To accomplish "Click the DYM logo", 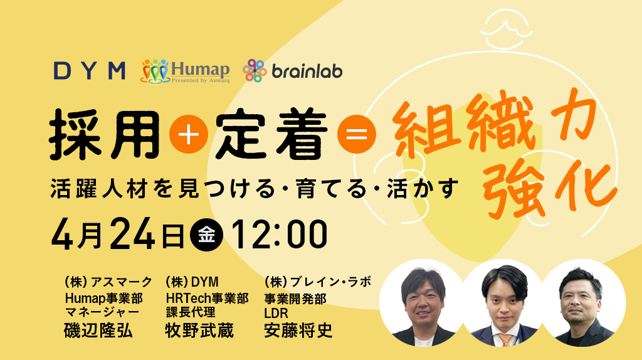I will coord(89,70).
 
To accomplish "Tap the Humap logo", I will coord(186,70).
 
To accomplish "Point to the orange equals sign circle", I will coord(356,135).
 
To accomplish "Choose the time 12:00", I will coord(280,235).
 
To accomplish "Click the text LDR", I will coord(276,312).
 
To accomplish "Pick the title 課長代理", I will coord(190,312).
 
